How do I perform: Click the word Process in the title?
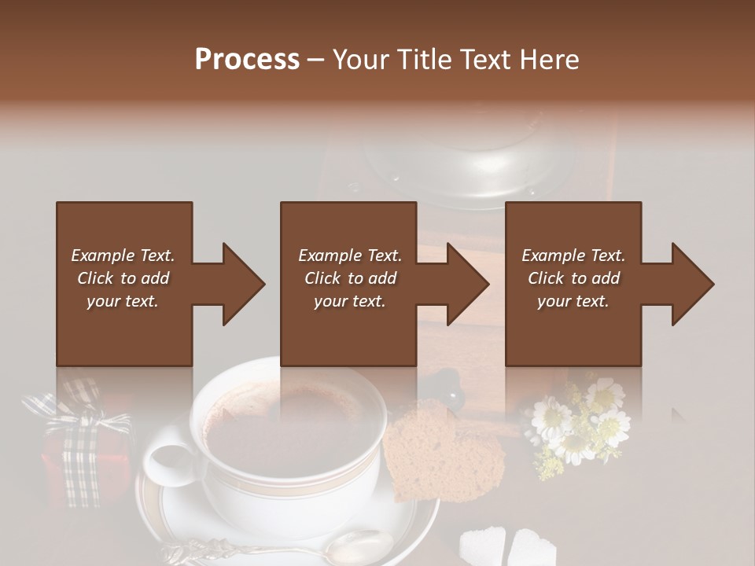pos(247,60)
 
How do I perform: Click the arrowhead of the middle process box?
pos(466,284)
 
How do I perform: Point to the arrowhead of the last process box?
pos(691,284)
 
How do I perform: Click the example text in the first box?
pos(123,278)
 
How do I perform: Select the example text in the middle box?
pos(350,278)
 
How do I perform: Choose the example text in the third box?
pos(573,278)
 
